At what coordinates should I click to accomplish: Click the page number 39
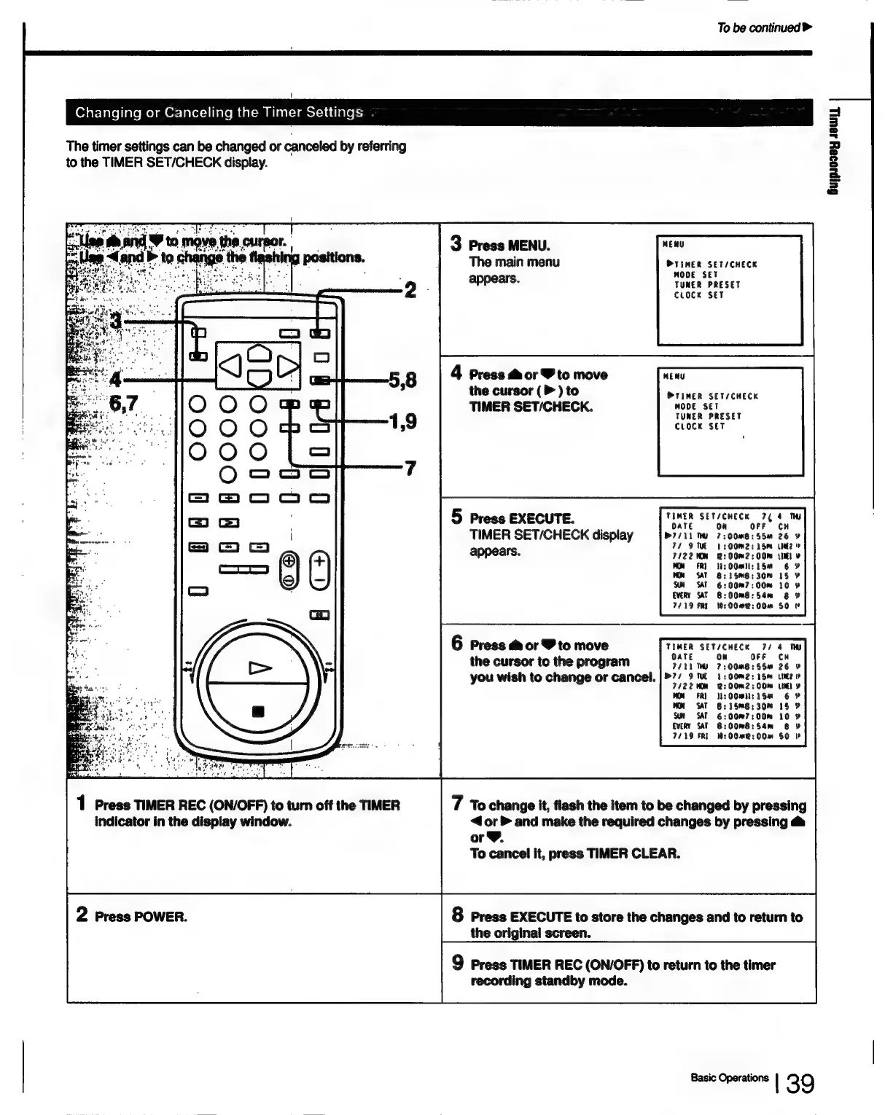click(x=800, y=1084)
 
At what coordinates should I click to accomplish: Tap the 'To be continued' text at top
click(x=763, y=28)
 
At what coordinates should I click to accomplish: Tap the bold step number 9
click(x=457, y=963)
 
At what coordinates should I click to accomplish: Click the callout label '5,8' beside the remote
click(x=402, y=380)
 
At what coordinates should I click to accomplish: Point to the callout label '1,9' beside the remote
click(x=402, y=421)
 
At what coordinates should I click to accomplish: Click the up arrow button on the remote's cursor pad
click(x=259, y=353)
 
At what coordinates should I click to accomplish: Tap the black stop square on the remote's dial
click(x=257, y=711)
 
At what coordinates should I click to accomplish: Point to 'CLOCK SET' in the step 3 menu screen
click(x=698, y=295)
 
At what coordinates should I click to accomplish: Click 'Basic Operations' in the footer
click(x=729, y=1078)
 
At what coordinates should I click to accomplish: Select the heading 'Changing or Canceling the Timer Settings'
click(x=219, y=112)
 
